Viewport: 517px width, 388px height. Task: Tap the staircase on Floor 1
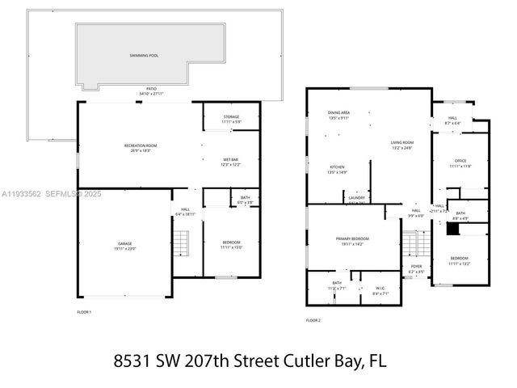click(183, 242)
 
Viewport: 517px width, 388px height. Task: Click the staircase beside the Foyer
click(415, 242)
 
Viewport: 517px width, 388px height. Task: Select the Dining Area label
click(338, 115)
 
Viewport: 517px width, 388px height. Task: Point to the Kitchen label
click(314, 169)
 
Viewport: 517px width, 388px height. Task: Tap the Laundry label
click(356, 198)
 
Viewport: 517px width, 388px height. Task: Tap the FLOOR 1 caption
click(83, 312)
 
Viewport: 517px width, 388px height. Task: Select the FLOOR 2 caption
click(313, 321)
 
